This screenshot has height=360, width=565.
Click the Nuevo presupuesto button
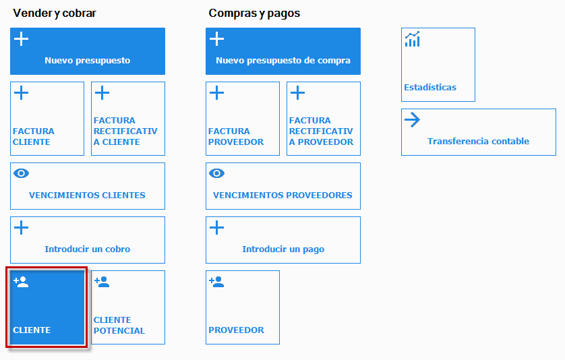coord(88,51)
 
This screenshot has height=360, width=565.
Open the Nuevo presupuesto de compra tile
coord(283,51)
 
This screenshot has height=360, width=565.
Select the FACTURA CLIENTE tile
coord(47,119)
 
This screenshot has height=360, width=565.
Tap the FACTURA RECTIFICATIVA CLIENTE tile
coord(128,119)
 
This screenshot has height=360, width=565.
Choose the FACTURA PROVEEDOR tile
coord(243,119)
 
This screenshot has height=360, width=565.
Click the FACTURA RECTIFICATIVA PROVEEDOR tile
coord(324,119)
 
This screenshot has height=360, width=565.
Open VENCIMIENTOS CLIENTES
coord(88,186)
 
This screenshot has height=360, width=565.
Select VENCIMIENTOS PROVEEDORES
coord(283,186)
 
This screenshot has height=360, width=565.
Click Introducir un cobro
coord(88,240)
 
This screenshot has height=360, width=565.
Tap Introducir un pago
coord(283,240)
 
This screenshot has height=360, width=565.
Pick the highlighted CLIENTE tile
coord(47,307)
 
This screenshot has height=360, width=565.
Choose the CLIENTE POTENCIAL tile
coord(128,307)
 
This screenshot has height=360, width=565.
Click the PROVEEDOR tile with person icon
coord(243,307)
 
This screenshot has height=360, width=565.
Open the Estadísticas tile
coord(438,65)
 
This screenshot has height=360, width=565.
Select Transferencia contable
coord(479,132)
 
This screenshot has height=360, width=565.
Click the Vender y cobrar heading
coord(55,13)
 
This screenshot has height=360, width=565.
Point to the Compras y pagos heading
coord(254,13)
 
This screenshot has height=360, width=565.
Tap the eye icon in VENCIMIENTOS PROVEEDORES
coord(217,173)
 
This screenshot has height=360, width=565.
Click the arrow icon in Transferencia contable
coord(412,119)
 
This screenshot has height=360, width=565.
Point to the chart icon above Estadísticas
coord(412,39)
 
